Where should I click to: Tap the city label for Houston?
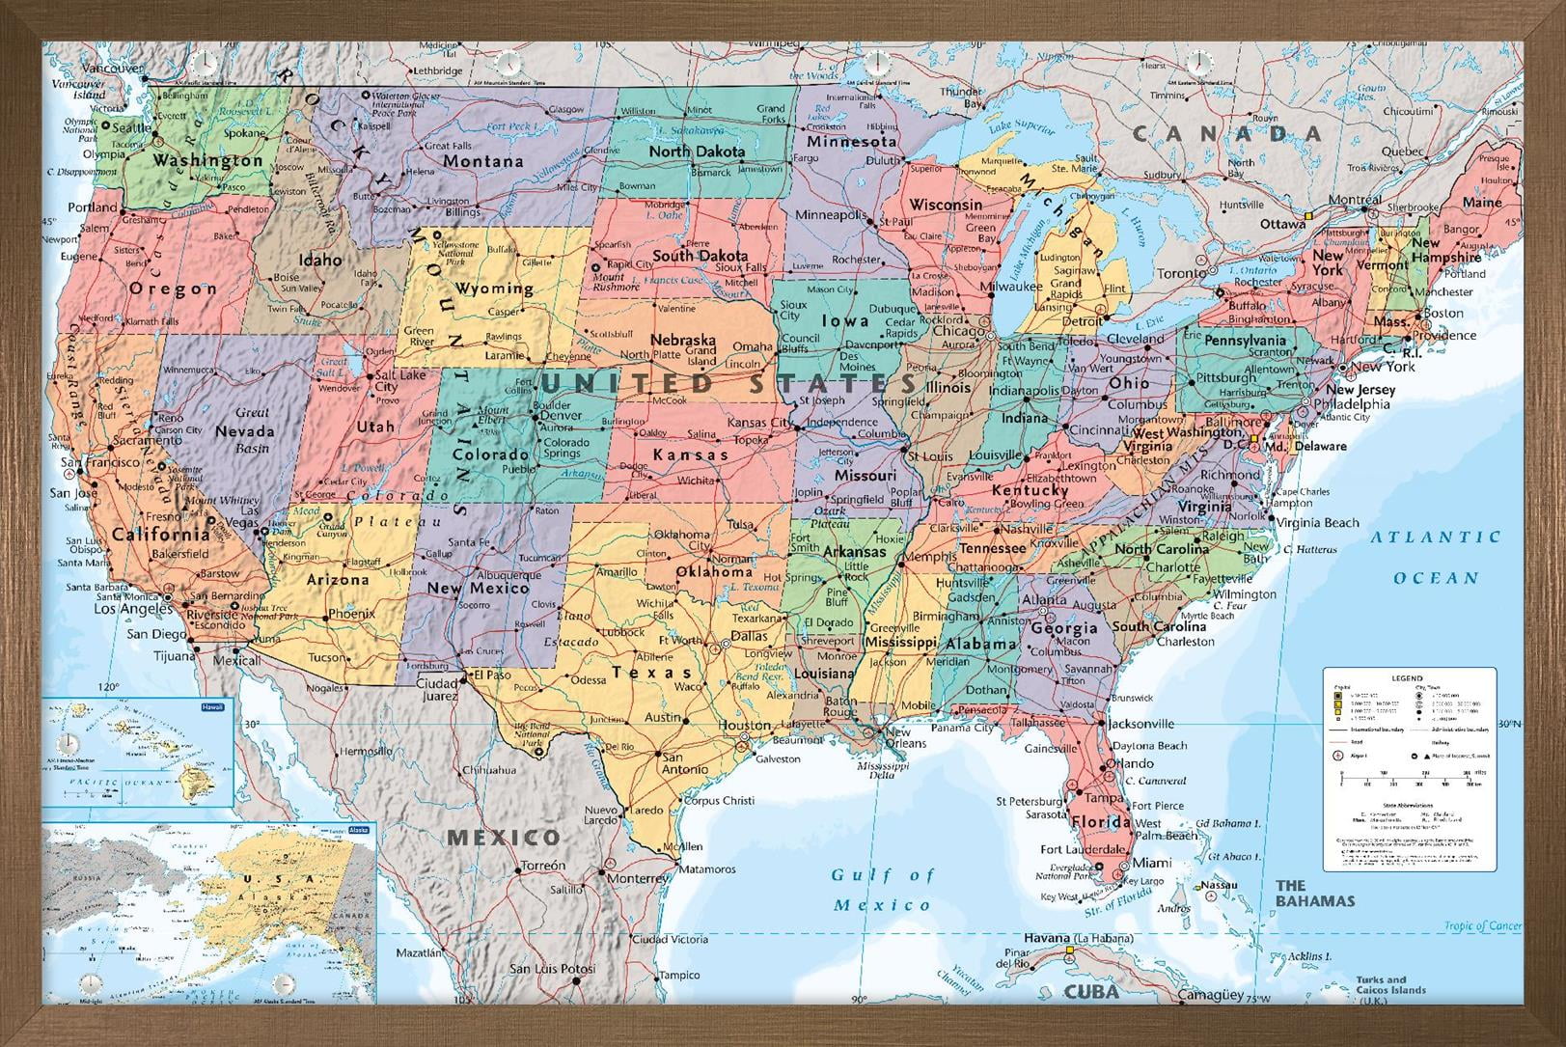[744, 725]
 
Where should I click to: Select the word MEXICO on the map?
[502, 837]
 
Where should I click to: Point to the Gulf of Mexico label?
[882, 890]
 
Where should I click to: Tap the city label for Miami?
[1152, 862]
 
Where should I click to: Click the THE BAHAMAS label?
[1314, 893]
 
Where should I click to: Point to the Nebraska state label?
[682, 340]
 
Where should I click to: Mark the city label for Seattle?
[132, 127]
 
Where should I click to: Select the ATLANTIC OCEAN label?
[1436, 557]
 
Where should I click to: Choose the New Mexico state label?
[478, 588]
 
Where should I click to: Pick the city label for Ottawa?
[1282, 224]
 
